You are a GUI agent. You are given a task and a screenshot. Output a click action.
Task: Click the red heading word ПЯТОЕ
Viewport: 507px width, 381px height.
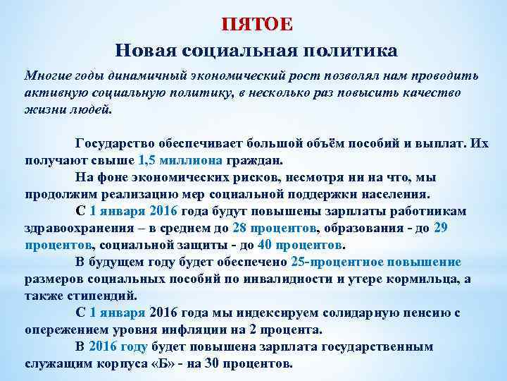coord(257,25)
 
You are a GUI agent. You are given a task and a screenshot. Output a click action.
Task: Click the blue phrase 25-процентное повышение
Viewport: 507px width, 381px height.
coord(376,262)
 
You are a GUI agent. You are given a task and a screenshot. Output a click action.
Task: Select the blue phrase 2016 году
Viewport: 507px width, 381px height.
coord(118,346)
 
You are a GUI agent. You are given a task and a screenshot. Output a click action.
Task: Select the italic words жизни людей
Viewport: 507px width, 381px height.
coord(68,109)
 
